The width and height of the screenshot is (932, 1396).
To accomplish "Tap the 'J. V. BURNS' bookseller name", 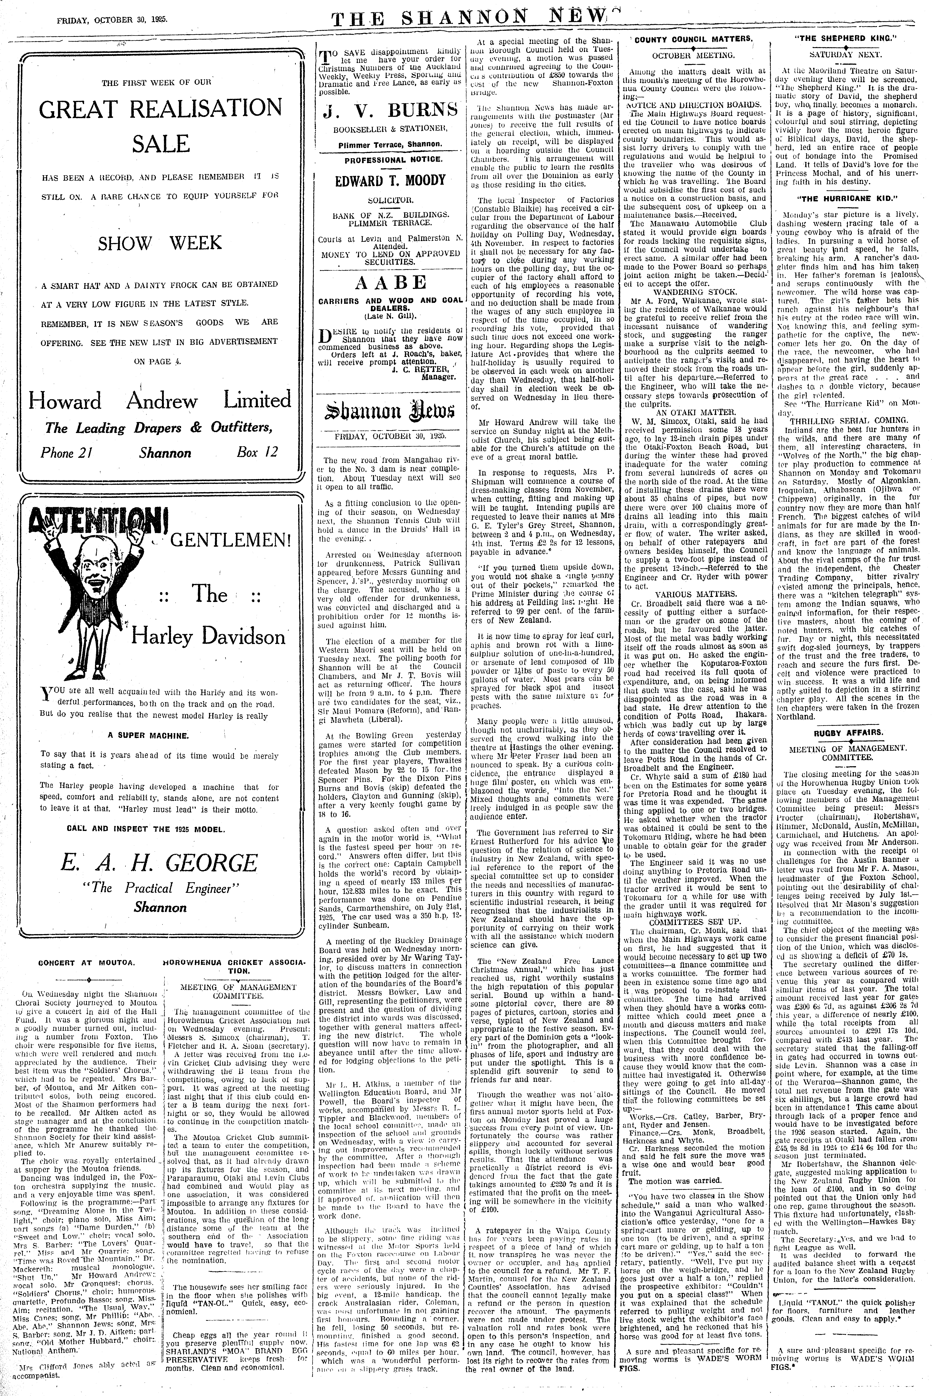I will tap(390, 111).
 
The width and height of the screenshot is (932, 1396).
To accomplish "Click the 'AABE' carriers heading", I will tap(390, 282).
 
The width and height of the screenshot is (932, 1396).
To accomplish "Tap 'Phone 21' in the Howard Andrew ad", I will tap(65, 453).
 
